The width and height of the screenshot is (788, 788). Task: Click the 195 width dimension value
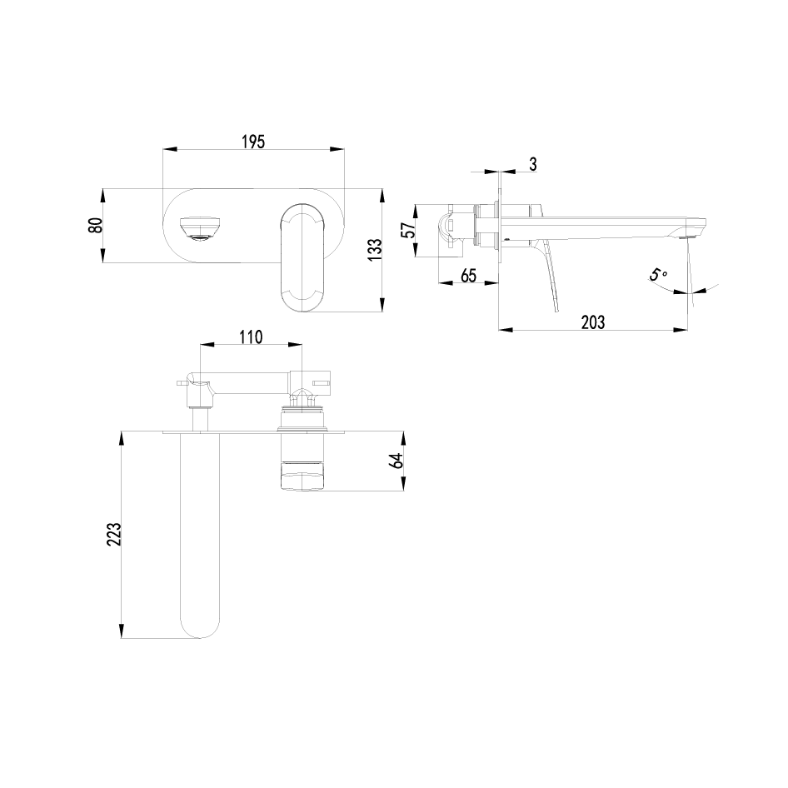253,142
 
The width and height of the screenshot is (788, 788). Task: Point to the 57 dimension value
408,231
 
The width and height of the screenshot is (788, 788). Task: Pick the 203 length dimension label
592,322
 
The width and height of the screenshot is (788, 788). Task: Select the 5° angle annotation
659,274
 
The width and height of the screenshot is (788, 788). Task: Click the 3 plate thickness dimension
532,164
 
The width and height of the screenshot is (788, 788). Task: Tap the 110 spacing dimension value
251,337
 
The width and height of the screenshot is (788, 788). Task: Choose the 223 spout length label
115,534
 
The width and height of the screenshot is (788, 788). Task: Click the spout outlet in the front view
199,228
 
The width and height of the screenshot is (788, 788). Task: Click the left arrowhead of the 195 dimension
166,150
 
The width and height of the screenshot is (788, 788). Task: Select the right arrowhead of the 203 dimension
683,330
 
